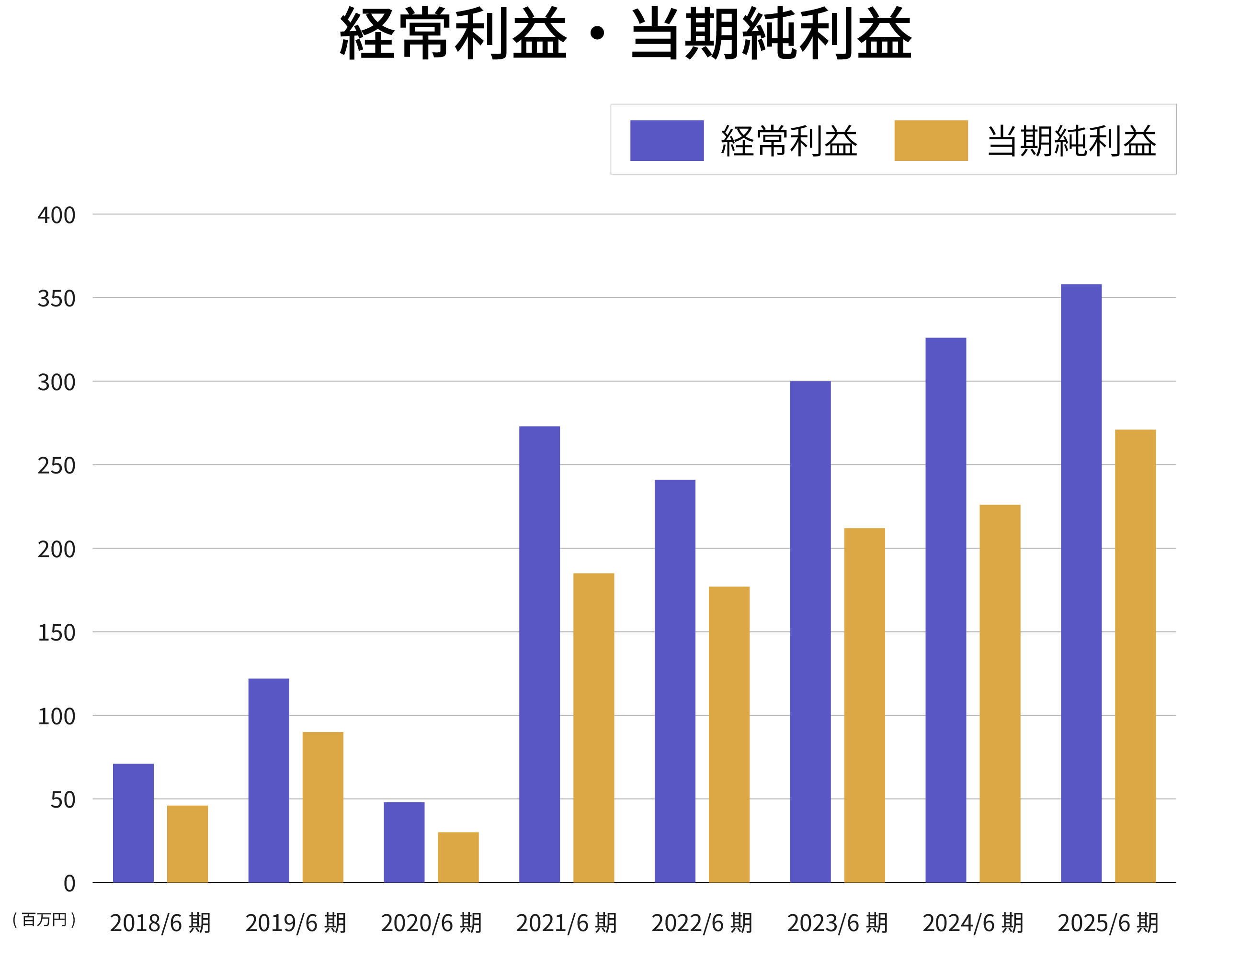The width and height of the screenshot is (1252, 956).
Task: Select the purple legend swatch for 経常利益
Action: (667, 141)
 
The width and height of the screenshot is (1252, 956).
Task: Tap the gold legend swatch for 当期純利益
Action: (931, 141)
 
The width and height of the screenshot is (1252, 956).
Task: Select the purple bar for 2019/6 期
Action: (269, 780)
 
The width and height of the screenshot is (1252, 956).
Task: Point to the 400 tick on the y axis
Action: (57, 215)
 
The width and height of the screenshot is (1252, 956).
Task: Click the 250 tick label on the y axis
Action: (57, 465)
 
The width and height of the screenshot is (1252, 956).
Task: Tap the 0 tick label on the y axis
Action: (69, 883)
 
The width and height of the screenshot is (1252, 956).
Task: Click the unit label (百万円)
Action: (45, 919)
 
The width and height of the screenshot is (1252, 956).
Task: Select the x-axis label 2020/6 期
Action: (431, 923)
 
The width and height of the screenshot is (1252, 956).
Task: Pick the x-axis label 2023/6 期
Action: (837, 923)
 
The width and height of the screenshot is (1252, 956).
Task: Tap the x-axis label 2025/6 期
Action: (1108, 923)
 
